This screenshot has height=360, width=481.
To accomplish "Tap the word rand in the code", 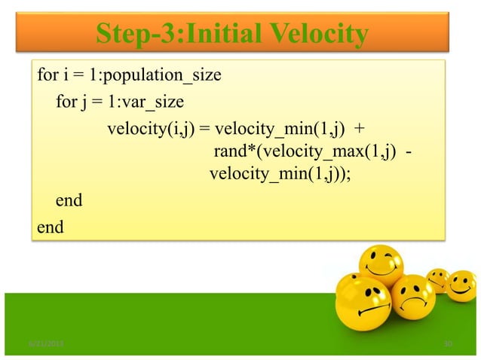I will [x=229, y=153].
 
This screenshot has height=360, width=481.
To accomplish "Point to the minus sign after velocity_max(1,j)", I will [x=409, y=153].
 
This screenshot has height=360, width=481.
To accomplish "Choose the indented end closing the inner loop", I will [x=69, y=202].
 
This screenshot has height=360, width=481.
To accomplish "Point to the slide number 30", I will [x=448, y=344].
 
